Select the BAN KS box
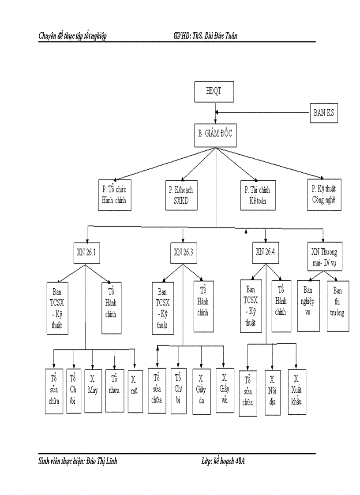(324, 113)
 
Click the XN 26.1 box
(86, 253)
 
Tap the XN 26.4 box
(266, 252)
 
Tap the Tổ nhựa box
(115, 391)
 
